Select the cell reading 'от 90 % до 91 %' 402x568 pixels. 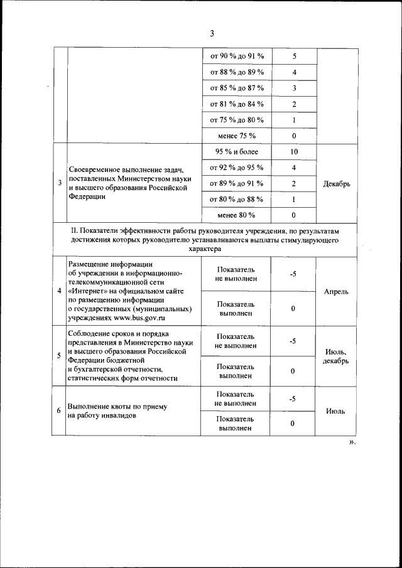[x=237, y=56]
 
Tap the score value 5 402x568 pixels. [x=294, y=56]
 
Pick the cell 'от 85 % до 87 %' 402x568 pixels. [x=237, y=88]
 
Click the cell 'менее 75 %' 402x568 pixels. [x=237, y=136]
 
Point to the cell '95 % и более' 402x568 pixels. [x=237, y=152]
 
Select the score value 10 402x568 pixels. [x=294, y=152]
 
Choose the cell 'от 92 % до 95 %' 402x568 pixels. [x=237, y=168]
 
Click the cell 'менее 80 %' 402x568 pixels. [x=237, y=215]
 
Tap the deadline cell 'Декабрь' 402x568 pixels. [x=336, y=184]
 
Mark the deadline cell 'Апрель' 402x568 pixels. [x=336, y=291]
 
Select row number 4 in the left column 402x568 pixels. [x=59, y=291]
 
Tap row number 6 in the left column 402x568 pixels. [x=59, y=411]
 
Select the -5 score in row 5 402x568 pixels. [x=293, y=341]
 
